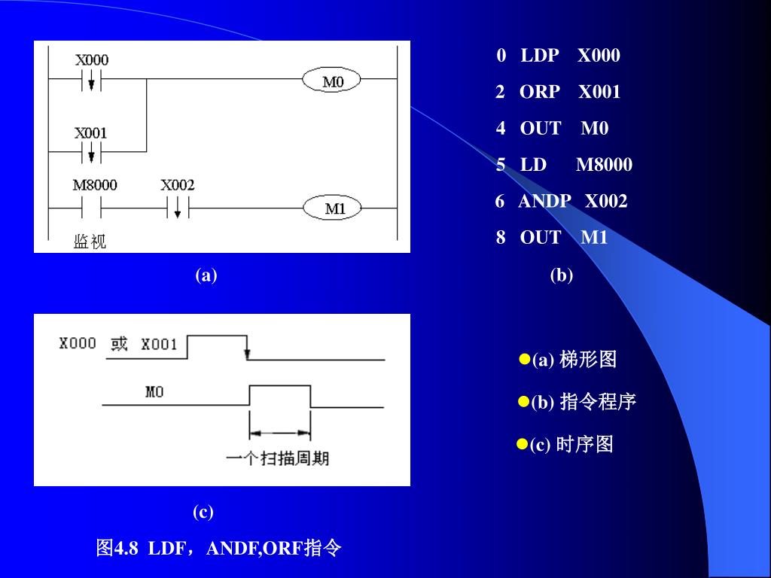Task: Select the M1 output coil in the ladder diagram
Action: click(332, 208)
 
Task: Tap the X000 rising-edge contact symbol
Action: click(91, 79)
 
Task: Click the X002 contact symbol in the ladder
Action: click(178, 208)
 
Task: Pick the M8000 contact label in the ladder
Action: click(95, 185)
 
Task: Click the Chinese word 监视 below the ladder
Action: click(90, 242)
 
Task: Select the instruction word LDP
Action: click(540, 56)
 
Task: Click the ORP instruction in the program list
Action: click(540, 92)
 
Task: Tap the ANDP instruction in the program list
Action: click(544, 201)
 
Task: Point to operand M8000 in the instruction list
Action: click(604, 165)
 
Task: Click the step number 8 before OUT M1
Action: click(501, 238)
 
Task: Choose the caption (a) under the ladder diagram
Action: click(206, 275)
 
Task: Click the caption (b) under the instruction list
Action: click(561, 275)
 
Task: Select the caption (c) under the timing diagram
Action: click(203, 513)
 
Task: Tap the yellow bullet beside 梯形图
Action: click(524, 360)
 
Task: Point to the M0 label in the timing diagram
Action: click(154, 392)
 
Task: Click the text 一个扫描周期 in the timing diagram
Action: click(278, 458)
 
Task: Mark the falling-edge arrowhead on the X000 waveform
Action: click(248, 353)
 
